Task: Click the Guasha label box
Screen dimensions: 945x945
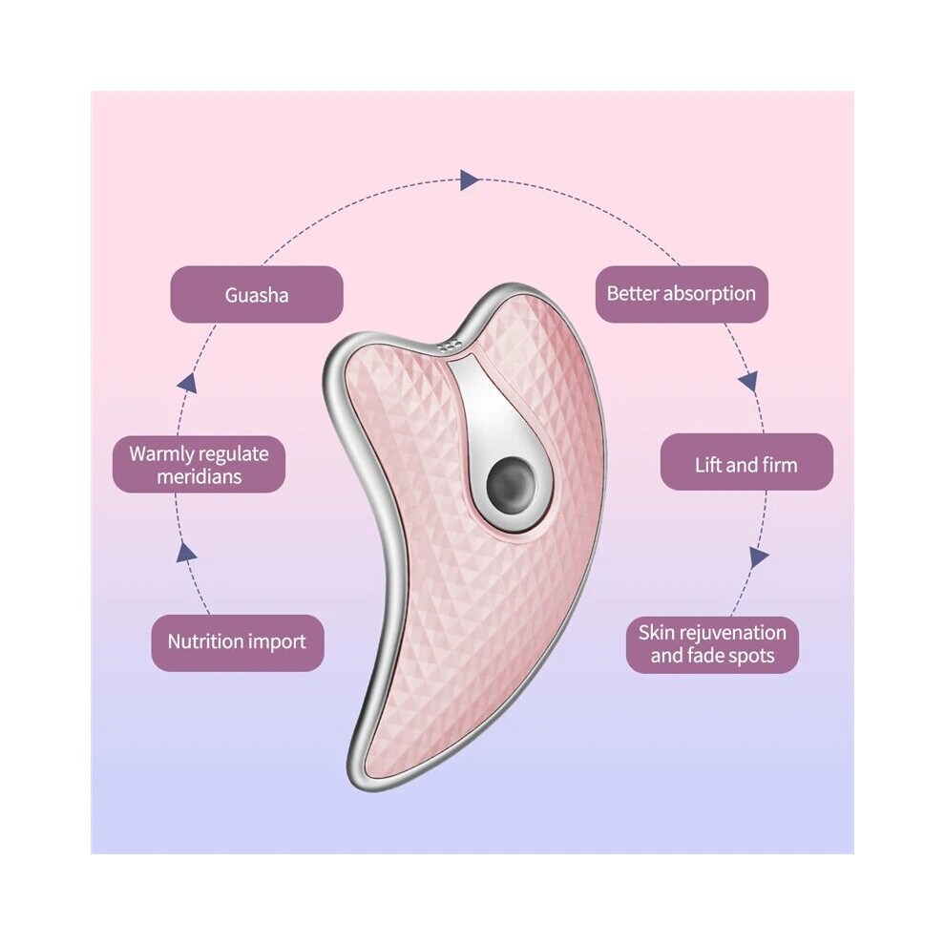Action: tap(257, 294)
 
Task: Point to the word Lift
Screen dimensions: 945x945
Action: tap(707, 465)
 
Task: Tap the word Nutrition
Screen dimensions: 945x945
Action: tap(204, 641)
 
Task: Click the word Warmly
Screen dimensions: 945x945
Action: tap(161, 453)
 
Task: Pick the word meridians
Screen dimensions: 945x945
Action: tap(199, 476)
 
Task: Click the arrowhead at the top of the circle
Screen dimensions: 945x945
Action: tap(470, 179)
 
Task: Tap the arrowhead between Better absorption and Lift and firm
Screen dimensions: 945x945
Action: tap(748, 382)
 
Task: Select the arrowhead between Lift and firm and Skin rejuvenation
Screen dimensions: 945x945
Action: tap(759, 556)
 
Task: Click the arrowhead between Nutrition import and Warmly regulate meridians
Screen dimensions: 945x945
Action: tap(186, 552)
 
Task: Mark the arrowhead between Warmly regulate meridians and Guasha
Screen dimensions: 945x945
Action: tap(187, 384)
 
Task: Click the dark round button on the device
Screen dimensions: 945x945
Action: tap(511, 485)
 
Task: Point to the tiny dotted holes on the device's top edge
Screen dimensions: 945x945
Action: tap(451, 346)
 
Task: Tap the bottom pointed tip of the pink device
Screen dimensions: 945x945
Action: tap(356, 782)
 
